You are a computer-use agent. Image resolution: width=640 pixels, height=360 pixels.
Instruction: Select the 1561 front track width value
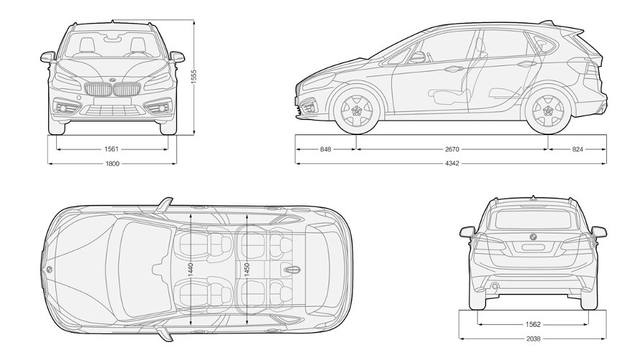[111, 149]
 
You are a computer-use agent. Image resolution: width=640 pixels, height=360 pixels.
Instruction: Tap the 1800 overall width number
[111, 164]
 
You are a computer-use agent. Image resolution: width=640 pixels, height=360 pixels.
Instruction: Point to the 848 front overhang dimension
[326, 149]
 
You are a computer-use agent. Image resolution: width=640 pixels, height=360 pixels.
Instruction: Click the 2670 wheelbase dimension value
[452, 149]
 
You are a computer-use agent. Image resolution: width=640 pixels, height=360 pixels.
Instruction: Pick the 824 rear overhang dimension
[577, 149]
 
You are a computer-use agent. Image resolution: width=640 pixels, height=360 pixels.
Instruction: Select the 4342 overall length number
[452, 164]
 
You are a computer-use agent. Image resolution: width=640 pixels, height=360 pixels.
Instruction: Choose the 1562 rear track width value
[533, 324]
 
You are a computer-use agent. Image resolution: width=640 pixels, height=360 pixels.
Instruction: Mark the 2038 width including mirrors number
[533, 338]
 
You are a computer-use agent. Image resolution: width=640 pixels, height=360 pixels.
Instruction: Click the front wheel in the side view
[356, 111]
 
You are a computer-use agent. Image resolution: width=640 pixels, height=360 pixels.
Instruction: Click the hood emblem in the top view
[49, 268]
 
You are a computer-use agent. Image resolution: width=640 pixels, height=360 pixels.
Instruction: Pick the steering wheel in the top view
[157, 269]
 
